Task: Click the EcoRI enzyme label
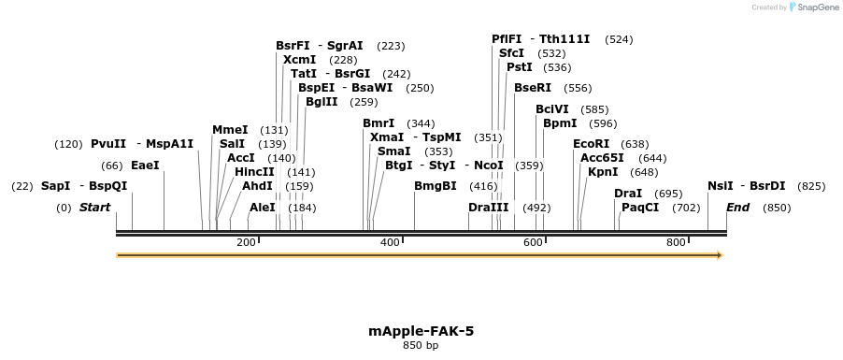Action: click(x=591, y=144)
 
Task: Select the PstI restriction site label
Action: click(x=519, y=67)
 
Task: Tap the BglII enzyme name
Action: click(x=321, y=102)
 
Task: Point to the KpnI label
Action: click(x=603, y=172)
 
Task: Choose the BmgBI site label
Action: click(x=436, y=186)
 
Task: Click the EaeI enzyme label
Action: click(x=145, y=166)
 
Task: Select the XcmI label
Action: click(x=299, y=60)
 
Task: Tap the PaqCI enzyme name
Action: click(x=640, y=208)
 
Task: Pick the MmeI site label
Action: click(x=230, y=130)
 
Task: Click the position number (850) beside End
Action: click(x=777, y=208)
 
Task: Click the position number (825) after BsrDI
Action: click(x=811, y=186)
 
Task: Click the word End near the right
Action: click(x=737, y=208)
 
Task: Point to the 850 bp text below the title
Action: click(x=421, y=346)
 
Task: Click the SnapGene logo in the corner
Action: click(x=811, y=7)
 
